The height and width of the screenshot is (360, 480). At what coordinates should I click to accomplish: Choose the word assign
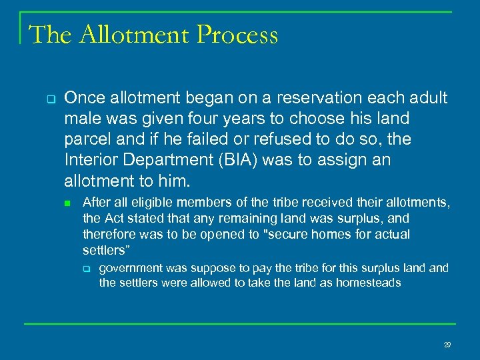[x=349, y=160]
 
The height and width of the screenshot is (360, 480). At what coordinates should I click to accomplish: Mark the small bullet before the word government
[x=87, y=269]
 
